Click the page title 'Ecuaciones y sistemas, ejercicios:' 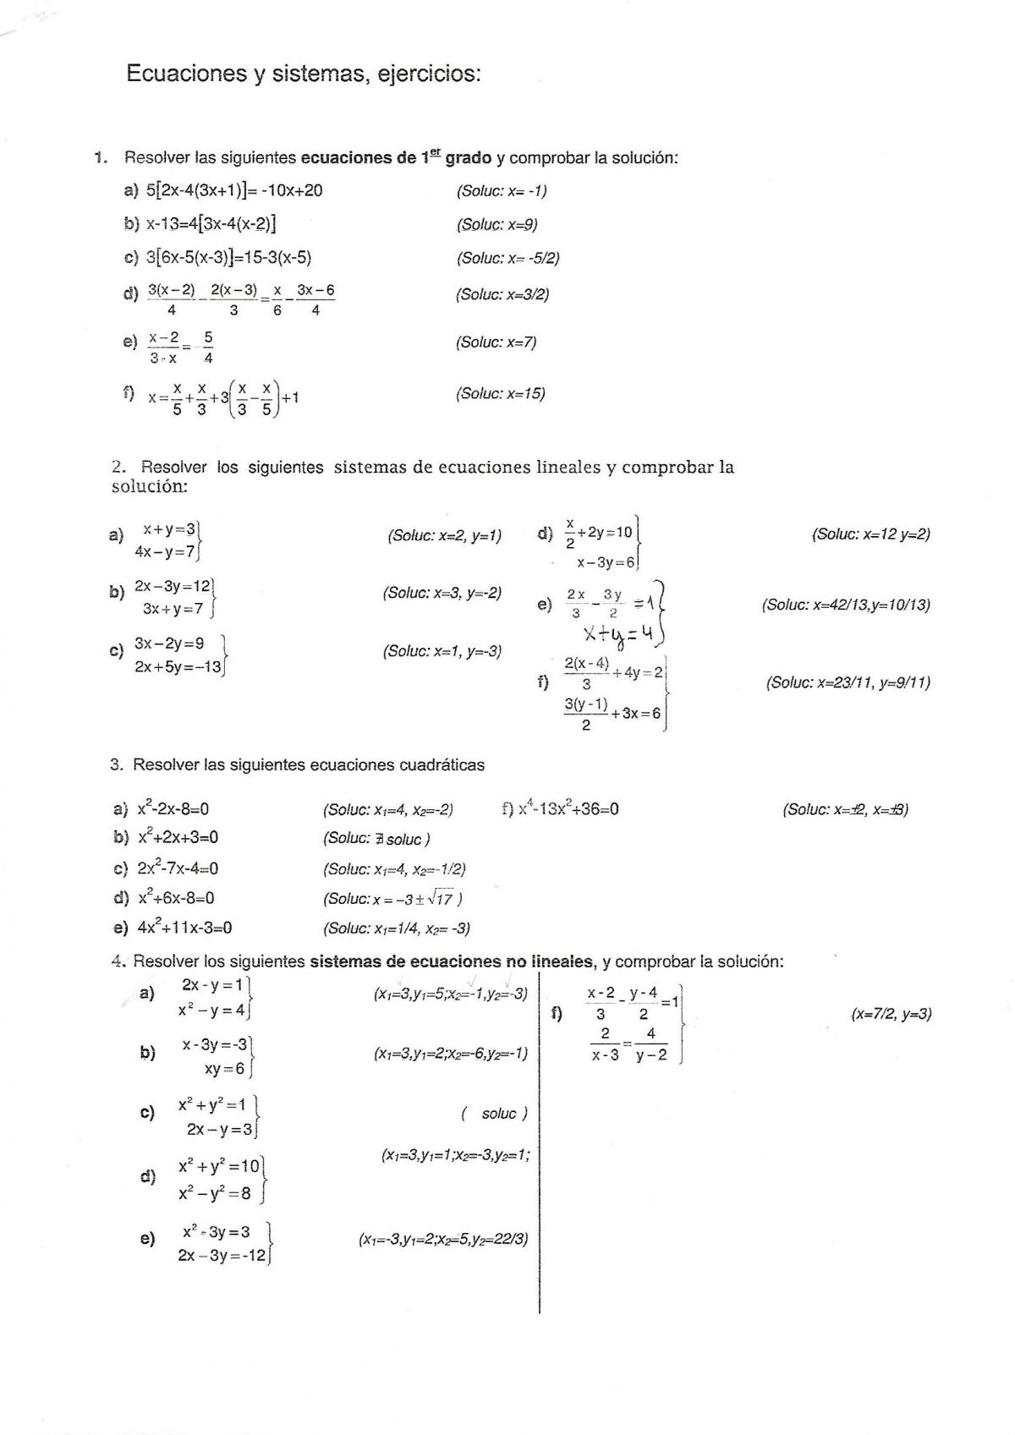[x=303, y=74]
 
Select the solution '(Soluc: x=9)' [x=497, y=224]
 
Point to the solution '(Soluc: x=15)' [x=501, y=393]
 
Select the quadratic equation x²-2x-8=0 [x=173, y=809]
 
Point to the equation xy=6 [x=224, y=1069]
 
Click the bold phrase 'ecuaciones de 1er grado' [x=396, y=157]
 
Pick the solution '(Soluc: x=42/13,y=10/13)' [x=846, y=605]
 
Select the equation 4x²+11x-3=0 [x=184, y=928]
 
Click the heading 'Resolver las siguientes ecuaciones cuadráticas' [x=308, y=765]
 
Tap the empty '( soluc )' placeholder [x=495, y=1114]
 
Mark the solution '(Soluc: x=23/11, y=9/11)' [x=848, y=682]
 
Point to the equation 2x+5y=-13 [x=178, y=667]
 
